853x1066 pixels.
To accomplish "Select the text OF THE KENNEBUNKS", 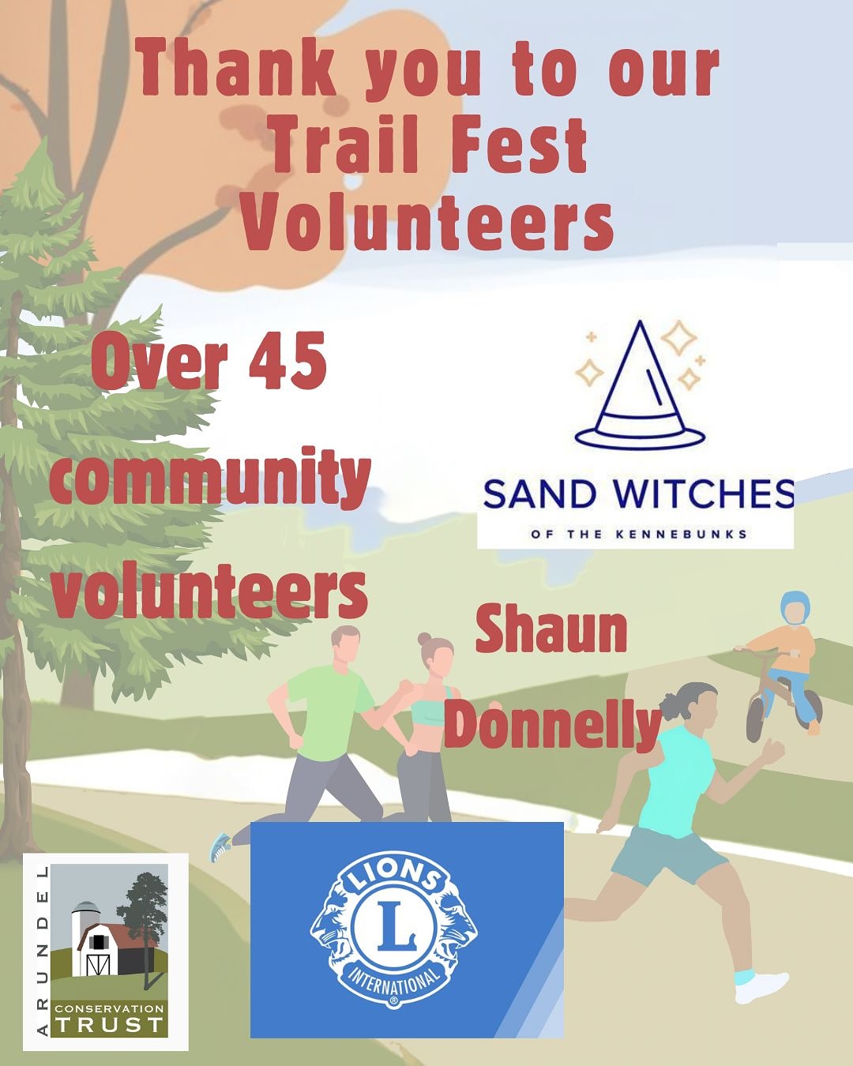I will click(640, 535).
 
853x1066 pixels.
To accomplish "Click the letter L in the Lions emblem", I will click(394, 925).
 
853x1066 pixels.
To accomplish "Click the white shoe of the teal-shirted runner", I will click(761, 985).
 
